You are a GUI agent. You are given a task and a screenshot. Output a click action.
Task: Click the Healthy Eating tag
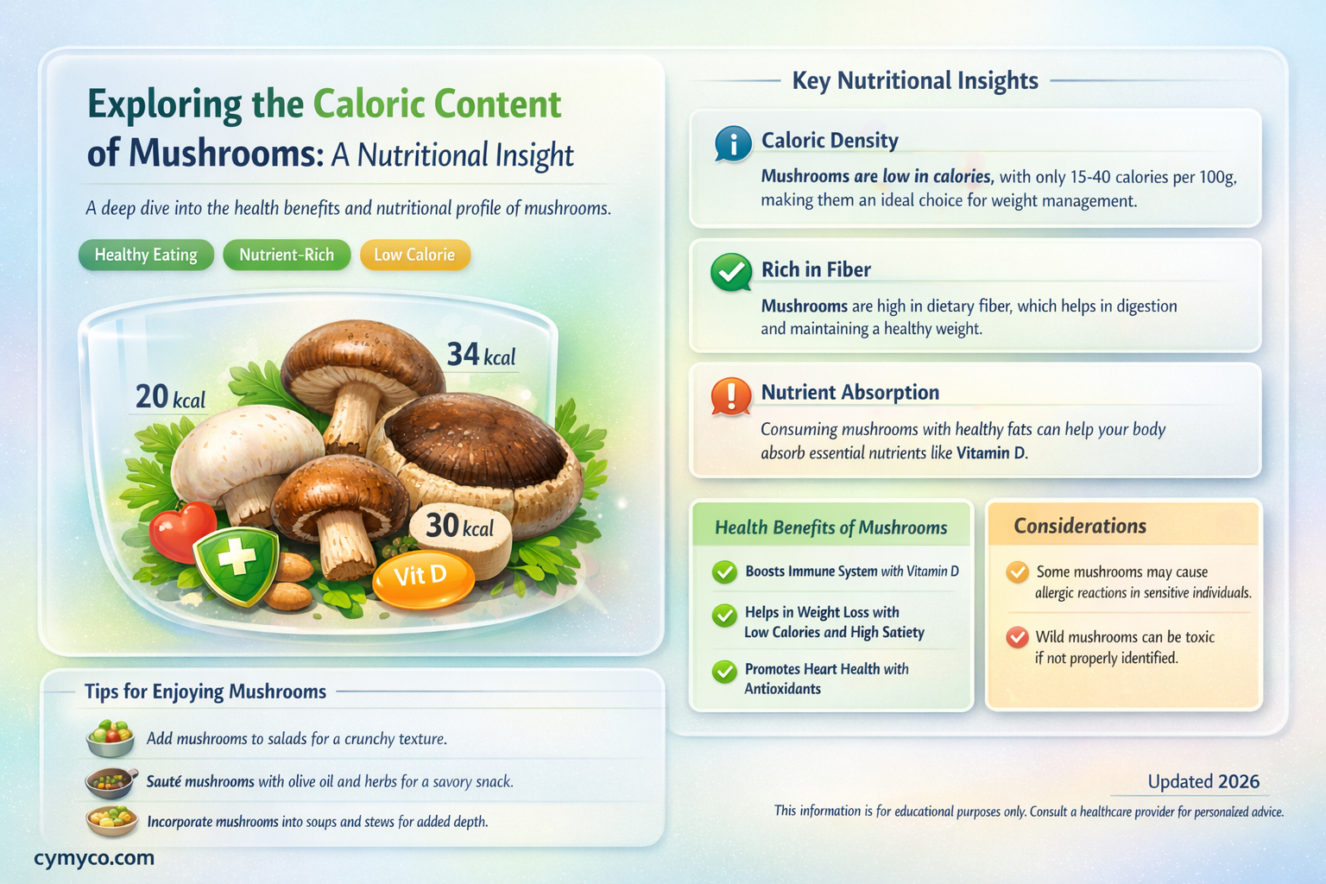(x=146, y=255)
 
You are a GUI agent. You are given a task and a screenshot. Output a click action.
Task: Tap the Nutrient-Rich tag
(x=287, y=255)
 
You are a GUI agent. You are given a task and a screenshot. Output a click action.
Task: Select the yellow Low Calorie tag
(x=414, y=255)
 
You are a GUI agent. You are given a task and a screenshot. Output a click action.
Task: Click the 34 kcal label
(x=481, y=355)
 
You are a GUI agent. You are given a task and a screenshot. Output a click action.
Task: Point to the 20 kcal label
(x=170, y=397)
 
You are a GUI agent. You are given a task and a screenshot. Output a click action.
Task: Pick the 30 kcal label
(x=459, y=526)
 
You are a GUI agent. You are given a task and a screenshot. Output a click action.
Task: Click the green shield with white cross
(x=236, y=563)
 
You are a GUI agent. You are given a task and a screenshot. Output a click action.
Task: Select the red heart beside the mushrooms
(x=180, y=529)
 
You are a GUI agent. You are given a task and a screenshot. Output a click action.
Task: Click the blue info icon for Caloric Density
(x=733, y=144)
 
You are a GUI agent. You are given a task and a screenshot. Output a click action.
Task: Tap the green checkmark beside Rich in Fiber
(x=731, y=272)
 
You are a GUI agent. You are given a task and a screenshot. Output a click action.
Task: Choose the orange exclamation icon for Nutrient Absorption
(x=731, y=396)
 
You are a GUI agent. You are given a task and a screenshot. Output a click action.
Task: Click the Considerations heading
(x=1080, y=526)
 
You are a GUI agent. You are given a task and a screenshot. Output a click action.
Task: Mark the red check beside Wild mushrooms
(x=1018, y=637)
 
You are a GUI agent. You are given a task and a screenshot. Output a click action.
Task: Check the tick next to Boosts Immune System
(x=723, y=571)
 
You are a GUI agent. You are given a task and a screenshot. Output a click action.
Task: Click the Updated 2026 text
(x=1203, y=781)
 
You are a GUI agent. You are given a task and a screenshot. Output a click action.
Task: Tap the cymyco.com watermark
(x=94, y=857)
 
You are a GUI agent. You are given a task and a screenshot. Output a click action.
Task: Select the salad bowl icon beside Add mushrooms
(x=110, y=739)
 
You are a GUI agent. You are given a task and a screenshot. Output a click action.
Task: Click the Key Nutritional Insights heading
(x=915, y=80)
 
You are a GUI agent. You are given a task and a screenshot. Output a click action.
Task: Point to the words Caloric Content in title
(x=437, y=104)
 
